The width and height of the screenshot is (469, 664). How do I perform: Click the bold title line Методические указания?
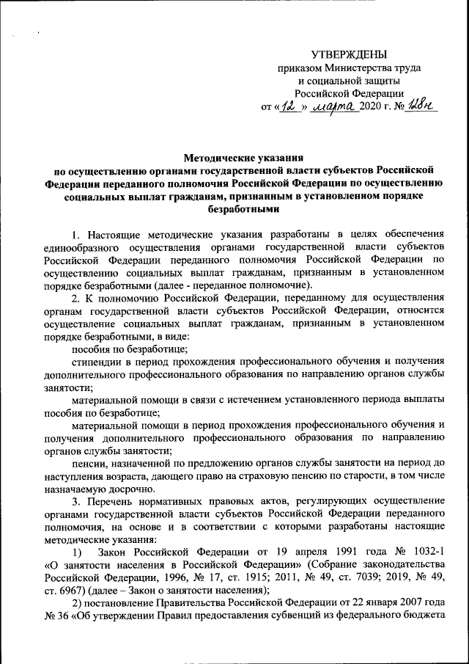[243, 157]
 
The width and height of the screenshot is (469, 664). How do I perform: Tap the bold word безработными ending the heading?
[243, 209]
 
